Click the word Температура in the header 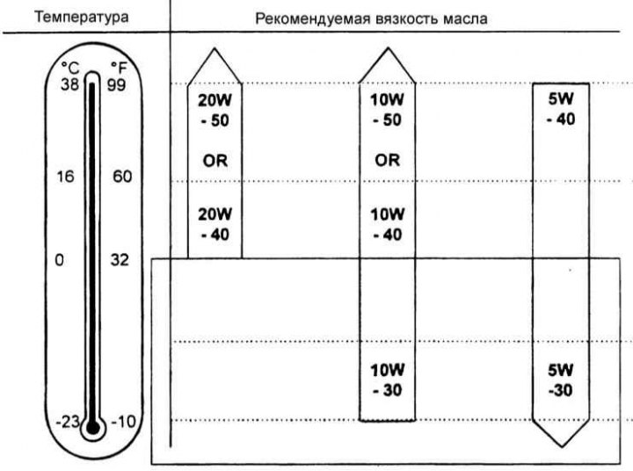click(82, 18)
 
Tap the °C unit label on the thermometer click(70, 68)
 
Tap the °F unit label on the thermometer click(119, 68)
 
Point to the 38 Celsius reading click(69, 84)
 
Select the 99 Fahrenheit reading click(116, 85)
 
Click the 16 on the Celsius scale click(65, 177)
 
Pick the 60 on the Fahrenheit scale click(122, 177)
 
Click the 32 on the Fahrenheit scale click(120, 260)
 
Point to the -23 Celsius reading click(68, 422)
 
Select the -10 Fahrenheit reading click(124, 422)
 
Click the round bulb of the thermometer click(93, 427)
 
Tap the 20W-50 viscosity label click(215, 110)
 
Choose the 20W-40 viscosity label click(215, 224)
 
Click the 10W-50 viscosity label click(387, 110)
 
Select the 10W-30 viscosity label click(387, 380)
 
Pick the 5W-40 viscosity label click(561, 109)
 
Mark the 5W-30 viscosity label click(560, 380)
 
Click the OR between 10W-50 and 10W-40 click(387, 160)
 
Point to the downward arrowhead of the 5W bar click(561, 433)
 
